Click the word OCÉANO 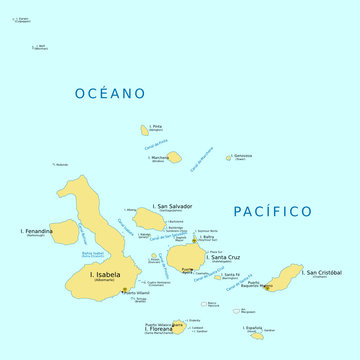[110, 93]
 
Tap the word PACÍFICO [272, 211]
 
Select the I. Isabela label [105, 274]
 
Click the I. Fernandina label [36, 231]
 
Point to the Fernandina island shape [63, 233]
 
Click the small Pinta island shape [145, 129]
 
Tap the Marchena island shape [174, 157]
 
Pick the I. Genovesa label [242, 155]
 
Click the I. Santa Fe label [231, 275]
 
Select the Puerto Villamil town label [136, 293]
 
